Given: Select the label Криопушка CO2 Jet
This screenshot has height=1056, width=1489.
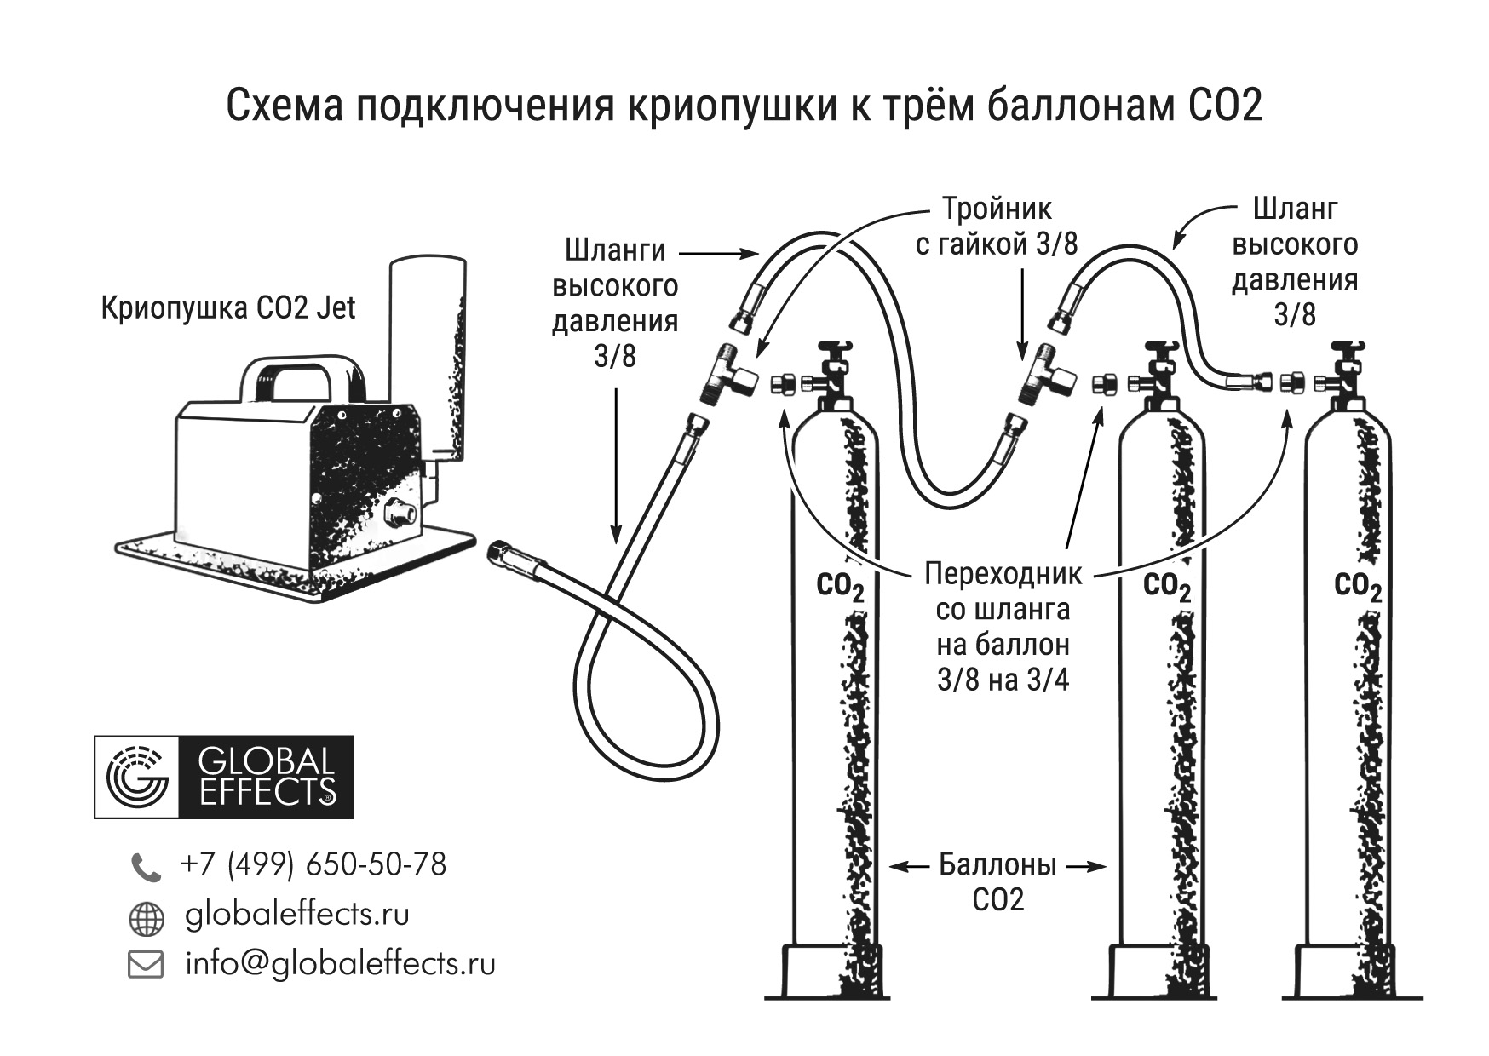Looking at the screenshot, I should [x=227, y=307].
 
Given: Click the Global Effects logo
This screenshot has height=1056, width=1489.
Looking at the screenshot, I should [x=223, y=777].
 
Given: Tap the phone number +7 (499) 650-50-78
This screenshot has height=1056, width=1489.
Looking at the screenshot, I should [x=313, y=864].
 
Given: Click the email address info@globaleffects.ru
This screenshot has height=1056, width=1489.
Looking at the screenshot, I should [x=340, y=963].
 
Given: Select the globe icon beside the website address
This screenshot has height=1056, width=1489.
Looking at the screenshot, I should [x=146, y=918].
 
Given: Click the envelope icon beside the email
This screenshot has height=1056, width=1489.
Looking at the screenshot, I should [x=146, y=965].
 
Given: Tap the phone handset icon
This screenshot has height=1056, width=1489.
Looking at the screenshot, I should [x=145, y=867].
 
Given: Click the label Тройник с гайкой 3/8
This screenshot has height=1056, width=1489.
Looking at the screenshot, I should [x=997, y=227].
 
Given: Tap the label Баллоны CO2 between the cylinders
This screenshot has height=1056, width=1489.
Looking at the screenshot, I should [x=997, y=882].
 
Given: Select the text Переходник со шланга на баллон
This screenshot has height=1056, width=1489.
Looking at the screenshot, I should [x=1003, y=609].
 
